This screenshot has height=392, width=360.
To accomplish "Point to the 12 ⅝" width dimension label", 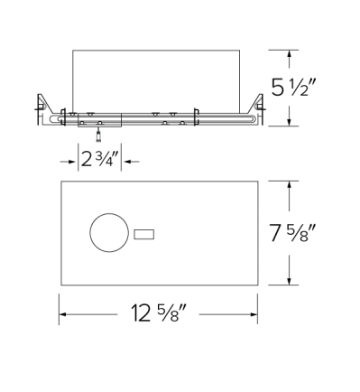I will (x=160, y=316).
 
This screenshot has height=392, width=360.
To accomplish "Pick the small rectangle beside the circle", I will (x=143, y=236).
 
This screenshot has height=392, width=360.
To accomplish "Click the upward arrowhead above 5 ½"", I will (x=289, y=54).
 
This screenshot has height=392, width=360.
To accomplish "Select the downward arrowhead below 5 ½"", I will (x=289, y=122).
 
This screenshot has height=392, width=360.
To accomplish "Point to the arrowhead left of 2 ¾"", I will (x=74, y=161).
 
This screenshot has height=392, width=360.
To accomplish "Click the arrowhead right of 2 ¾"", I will (x=125, y=161).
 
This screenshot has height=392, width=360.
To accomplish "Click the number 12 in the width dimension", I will (x=139, y=316).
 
